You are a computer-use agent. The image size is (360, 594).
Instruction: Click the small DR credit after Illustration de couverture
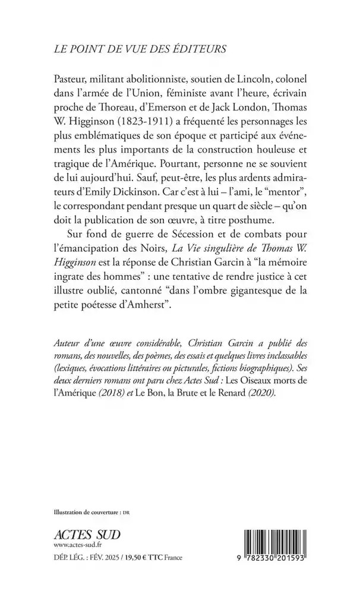tap(126, 512)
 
